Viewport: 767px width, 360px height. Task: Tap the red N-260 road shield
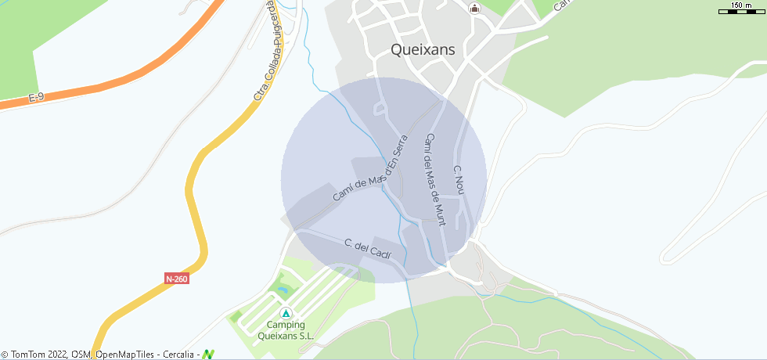(177, 278)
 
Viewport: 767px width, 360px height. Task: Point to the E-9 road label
(36, 98)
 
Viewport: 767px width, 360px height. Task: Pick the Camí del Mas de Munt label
(434, 179)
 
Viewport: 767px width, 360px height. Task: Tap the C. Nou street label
(459, 180)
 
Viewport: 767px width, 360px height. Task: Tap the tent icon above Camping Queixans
(286, 312)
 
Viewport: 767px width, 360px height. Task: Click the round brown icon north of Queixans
(474, 9)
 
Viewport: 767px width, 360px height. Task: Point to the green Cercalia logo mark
(208, 354)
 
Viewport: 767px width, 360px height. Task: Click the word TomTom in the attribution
(27, 355)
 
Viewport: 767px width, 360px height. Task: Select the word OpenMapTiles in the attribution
(124, 355)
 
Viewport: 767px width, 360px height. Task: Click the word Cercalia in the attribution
(179, 355)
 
